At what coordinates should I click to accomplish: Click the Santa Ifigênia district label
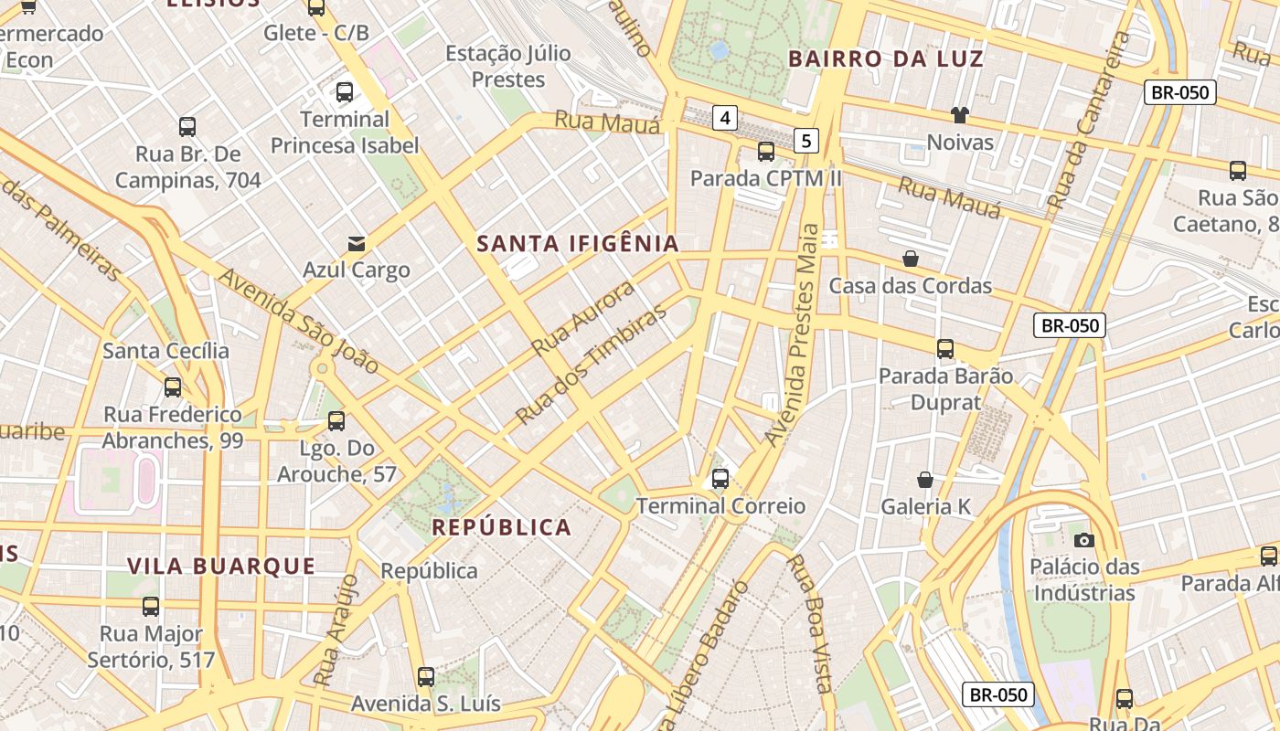tap(578, 244)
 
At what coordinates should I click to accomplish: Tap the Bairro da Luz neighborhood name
tap(885, 59)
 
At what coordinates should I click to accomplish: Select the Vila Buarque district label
tap(221, 567)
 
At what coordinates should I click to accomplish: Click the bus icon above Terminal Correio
tap(720, 478)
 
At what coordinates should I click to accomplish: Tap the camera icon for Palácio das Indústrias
tap(1084, 540)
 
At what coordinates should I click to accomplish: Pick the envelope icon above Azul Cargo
tap(357, 243)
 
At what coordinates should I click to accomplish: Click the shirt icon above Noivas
tap(959, 115)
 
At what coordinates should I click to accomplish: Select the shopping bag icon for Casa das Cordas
tap(911, 259)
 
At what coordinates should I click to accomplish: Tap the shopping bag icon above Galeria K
tap(925, 479)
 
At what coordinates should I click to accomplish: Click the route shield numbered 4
tap(725, 117)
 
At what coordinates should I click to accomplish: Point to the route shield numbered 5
tap(805, 140)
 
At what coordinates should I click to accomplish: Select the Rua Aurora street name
tap(583, 318)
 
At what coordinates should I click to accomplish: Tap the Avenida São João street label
tap(298, 321)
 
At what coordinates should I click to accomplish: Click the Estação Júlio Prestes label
tap(508, 67)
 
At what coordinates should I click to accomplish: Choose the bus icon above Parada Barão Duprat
tap(945, 348)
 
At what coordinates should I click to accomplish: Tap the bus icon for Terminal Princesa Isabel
tap(345, 91)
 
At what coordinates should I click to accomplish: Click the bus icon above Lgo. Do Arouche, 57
tap(336, 421)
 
